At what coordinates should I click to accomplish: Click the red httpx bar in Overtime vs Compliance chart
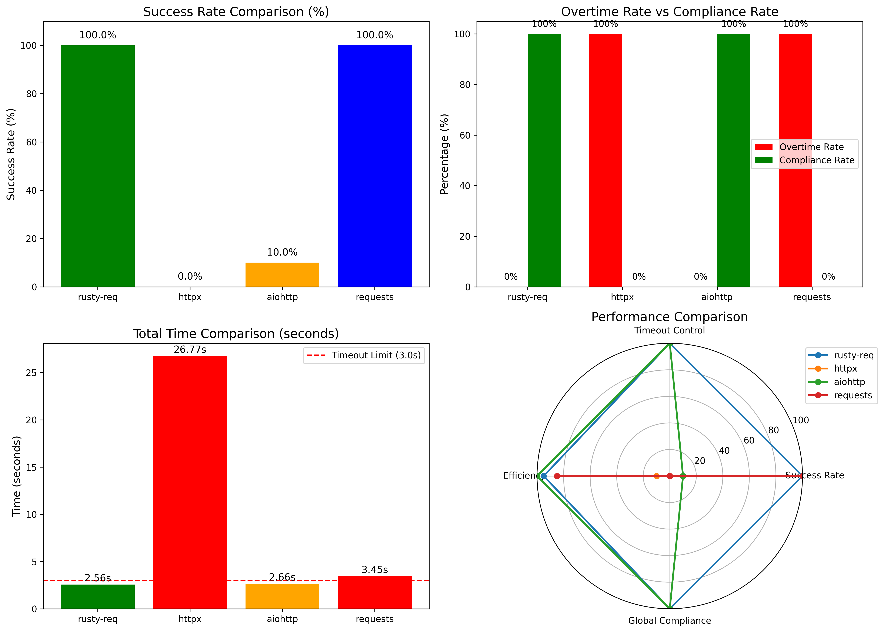606,160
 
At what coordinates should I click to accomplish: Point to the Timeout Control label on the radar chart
669,330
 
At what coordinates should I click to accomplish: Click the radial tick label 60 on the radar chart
749,440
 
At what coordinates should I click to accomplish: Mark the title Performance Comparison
669,317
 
